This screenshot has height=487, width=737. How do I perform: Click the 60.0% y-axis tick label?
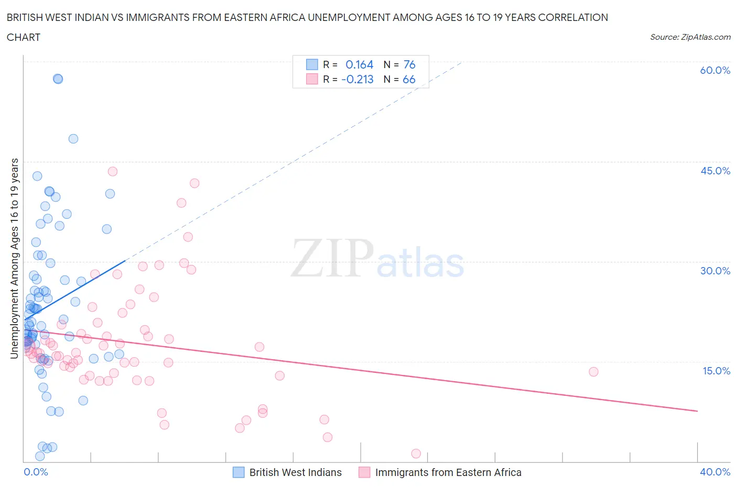click(715, 70)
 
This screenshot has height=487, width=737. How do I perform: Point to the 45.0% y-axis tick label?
click(715, 171)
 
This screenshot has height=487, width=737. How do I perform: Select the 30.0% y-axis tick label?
click(715, 271)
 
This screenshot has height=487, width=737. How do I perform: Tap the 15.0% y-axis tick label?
click(715, 371)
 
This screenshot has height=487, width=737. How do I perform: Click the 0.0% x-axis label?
click(36, 472)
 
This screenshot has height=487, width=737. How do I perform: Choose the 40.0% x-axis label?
click(715, 472)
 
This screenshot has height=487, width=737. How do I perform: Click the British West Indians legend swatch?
click(239, 472)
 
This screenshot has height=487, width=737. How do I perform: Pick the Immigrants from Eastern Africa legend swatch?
click(364, 472)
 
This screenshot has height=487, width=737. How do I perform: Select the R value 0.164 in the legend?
click(360, 64)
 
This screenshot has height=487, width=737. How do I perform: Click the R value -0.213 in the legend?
click(357, 79)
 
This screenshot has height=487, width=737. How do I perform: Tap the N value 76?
click(409, 64)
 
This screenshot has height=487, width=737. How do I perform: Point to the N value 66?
click(409, 79)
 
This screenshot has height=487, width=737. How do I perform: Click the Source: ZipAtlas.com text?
click(690, 37)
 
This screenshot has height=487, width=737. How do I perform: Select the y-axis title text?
click(14, 259)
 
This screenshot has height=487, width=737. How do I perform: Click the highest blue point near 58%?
click(58, 79)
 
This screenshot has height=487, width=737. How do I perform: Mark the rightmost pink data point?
click(593, 372)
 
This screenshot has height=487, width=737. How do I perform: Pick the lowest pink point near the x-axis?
click(416, 453)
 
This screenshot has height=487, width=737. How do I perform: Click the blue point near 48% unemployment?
click(73, 139)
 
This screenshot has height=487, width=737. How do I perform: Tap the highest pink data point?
click(113, 171)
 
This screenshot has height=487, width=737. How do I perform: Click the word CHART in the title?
click(24, 37)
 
